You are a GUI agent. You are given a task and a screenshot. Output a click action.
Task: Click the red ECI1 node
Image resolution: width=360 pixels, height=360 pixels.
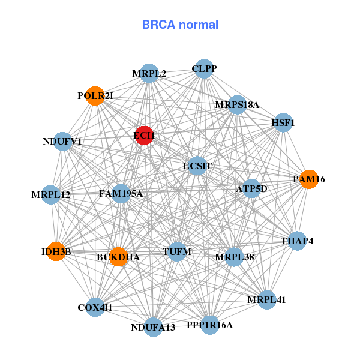tap(143, 136)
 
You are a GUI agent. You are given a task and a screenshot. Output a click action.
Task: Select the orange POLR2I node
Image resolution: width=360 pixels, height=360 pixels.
tap(95, 96)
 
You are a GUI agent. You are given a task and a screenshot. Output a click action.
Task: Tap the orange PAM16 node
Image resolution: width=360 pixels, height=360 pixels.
tap(308, 179)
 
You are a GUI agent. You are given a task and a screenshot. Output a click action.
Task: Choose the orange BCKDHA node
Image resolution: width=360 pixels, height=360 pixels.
tap(118, 257)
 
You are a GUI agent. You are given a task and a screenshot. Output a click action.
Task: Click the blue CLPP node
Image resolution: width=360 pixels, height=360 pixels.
tap(204, 69)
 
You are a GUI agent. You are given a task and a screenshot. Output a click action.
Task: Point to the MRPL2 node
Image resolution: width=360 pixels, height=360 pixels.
tap(149, 74)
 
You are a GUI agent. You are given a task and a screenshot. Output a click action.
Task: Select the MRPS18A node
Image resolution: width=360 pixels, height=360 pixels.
tap(237, 105)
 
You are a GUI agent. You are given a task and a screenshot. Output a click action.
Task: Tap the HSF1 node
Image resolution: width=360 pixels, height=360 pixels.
tap(283, 123)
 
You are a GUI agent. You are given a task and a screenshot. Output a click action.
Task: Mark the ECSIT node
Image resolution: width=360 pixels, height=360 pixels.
tap(197, 166)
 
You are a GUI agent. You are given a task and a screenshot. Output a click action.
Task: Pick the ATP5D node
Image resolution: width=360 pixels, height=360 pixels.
tap(251, 189)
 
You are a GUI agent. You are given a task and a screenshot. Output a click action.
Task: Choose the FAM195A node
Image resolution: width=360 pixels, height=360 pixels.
tap(121, 193)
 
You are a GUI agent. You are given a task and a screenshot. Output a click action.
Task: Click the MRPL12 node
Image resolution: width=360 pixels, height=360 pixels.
tap(51, 194)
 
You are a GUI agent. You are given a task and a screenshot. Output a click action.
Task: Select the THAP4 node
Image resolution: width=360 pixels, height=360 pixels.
tap(297, 241)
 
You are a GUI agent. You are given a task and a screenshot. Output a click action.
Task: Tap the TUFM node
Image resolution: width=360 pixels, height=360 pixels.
tap(177, 252)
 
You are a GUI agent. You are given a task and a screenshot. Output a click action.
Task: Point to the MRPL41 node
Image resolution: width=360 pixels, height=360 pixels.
tap(267, 299)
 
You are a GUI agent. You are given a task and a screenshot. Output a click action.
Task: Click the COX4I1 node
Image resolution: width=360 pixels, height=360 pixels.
tap(95, 307)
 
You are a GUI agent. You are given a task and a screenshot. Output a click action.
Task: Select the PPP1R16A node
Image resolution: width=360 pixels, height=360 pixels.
tap(209, 325)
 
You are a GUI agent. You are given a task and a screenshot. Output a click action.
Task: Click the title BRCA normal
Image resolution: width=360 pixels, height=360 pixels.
tap(180, 25)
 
